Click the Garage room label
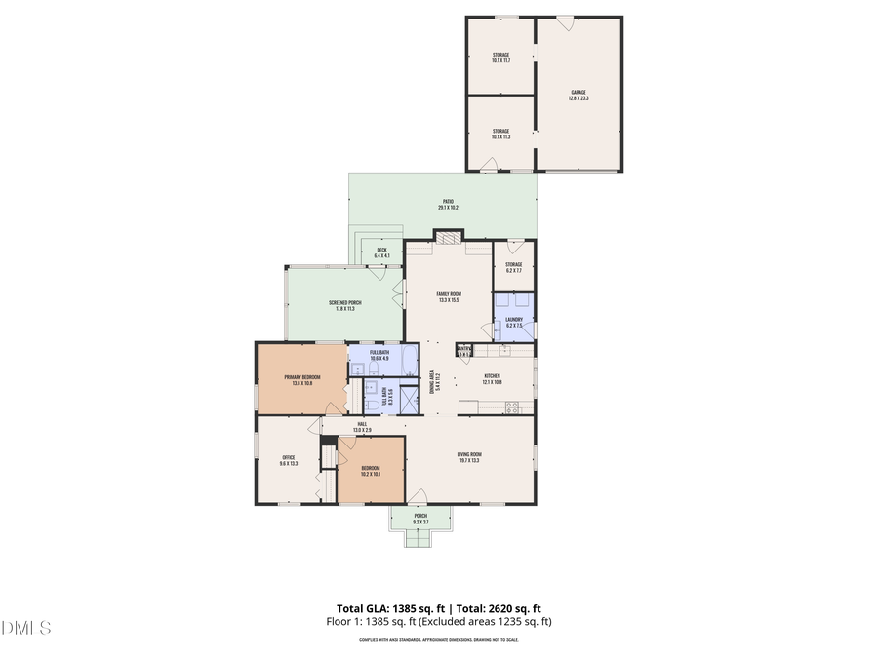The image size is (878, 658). [579, 96]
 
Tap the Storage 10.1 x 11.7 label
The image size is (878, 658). [500, 58]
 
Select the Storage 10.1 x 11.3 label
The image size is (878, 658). [500, 134]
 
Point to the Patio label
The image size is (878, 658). [448, 205]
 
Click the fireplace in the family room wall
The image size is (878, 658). [449, 238]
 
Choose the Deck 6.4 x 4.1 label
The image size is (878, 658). [382, 252]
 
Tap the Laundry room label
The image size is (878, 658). [513, 322]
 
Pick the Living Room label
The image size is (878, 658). [470, 457]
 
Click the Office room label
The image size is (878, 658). [289, 460]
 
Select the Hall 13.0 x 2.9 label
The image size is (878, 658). [361, 427]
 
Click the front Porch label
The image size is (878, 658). [420, 519]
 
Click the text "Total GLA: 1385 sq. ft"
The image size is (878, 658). [384, 607]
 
